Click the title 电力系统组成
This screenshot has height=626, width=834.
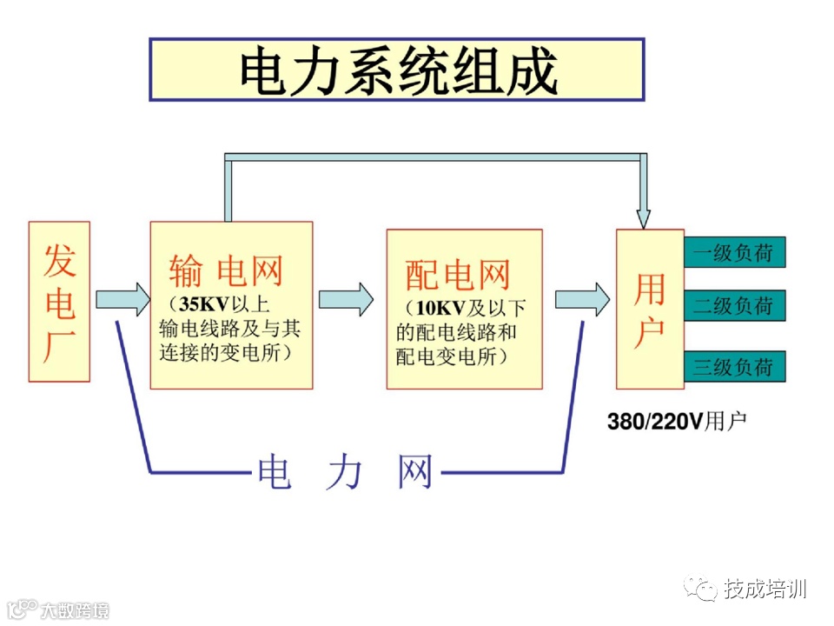tap(397, 70)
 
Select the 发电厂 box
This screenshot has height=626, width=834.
tap(59, 301)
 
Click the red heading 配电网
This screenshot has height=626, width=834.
tap(458, 276)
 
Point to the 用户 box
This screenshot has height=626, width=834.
tap(650, 310)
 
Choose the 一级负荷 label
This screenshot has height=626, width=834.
tap(733, 253)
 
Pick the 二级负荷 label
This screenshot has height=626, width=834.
tap(733, 306)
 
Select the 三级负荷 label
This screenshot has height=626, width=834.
tap(733, 366)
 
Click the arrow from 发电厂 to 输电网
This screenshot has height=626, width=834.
tap(122, 300)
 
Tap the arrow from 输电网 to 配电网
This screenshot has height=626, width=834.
tap(346, 300)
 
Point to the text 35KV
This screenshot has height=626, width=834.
tap(201, 305)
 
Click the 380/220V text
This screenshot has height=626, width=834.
tap(654, 422)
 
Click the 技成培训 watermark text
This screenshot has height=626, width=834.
tap(765, 589)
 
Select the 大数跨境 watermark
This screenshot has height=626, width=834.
tap(74, 609)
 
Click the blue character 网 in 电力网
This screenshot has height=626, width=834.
tap(414, 472)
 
